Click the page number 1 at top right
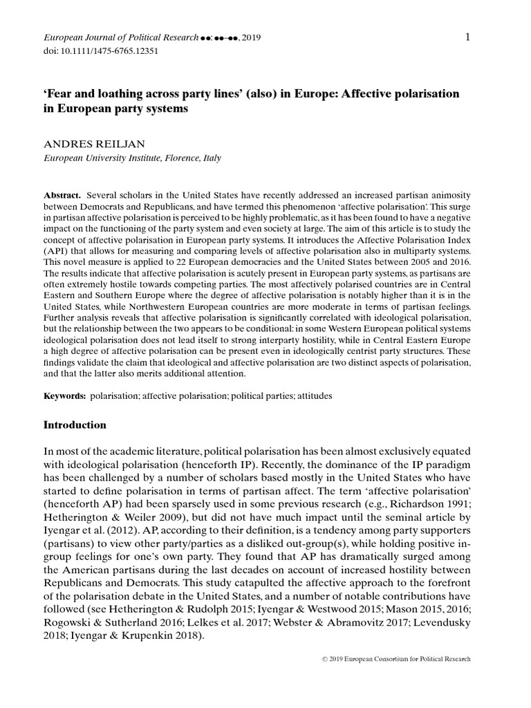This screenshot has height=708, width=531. (x=468, y=37)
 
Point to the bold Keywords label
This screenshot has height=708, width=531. (x=64, y=396)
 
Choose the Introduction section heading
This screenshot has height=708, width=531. (x=75, y=425)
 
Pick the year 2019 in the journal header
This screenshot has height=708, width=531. (x=251, y=37)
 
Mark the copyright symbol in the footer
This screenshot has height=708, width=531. (x=325, y=660)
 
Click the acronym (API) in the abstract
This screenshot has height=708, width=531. (x=58, y=251)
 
